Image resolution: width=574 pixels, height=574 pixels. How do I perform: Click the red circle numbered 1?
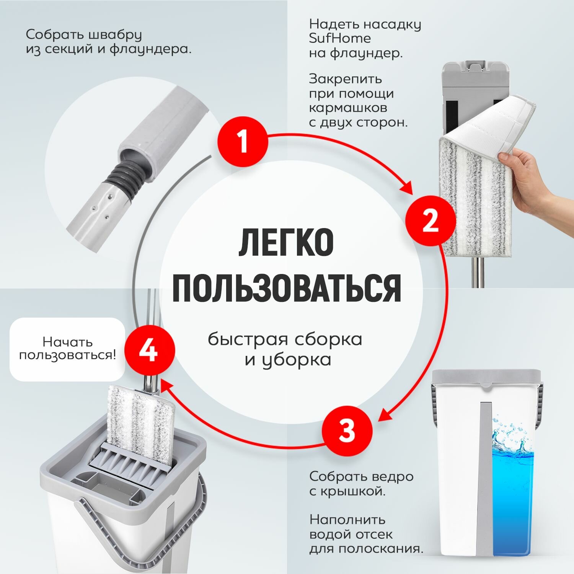[x=243, y=142]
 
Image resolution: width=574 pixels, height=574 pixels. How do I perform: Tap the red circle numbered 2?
[x=430, y=221]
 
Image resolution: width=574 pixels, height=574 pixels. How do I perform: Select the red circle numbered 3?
[x=347, y=430]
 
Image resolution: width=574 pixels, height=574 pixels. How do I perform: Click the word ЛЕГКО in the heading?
[x=286, y=243]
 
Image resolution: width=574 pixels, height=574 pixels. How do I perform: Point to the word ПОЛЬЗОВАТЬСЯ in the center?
[x=287, y=288]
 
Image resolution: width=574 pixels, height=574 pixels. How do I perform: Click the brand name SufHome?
[x=340, y=39]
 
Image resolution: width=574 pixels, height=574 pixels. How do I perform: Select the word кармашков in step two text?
[x=348, y=108]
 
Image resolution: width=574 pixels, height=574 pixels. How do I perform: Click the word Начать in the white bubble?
[x=67, y=341]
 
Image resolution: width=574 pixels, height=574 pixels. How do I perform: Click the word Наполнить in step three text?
[x=342, y=520]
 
